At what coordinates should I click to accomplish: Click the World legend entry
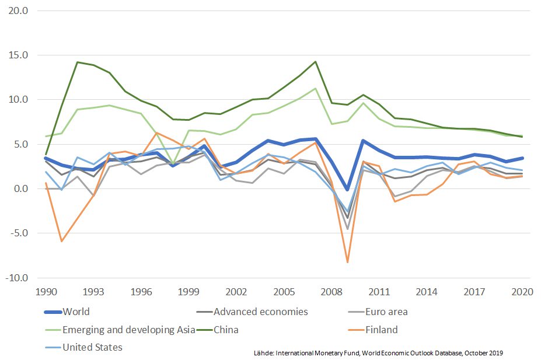[x=76, y=312]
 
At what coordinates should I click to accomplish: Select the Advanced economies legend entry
[x=261, y=312]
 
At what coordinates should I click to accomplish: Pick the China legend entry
[x=226, y=330]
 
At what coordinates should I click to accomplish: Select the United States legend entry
[x=93, y=348]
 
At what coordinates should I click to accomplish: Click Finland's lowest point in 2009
[x=348, y=262]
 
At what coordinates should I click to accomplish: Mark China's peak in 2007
[x=315, y=61]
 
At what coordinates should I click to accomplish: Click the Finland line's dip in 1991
[x=61, y=241]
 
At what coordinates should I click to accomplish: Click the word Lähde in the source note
[x=264, y=353]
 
